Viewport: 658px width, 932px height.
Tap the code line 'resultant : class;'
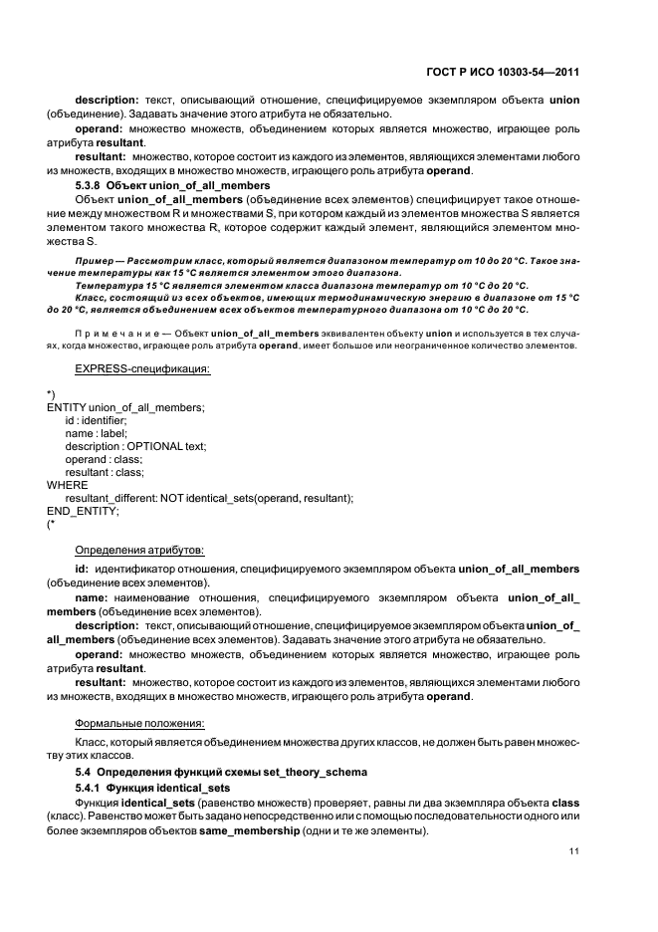104,472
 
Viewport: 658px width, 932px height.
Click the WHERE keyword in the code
68,485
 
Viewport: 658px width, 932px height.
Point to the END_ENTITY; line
83,511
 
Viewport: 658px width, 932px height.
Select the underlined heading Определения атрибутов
139,550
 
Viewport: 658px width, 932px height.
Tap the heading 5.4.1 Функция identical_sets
153,787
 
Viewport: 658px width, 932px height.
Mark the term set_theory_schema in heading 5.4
315,772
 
